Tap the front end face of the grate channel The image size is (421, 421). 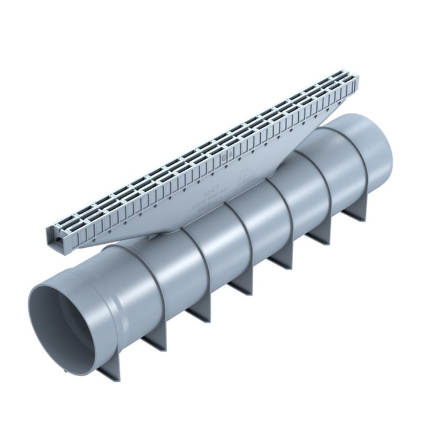pos(56,236)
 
